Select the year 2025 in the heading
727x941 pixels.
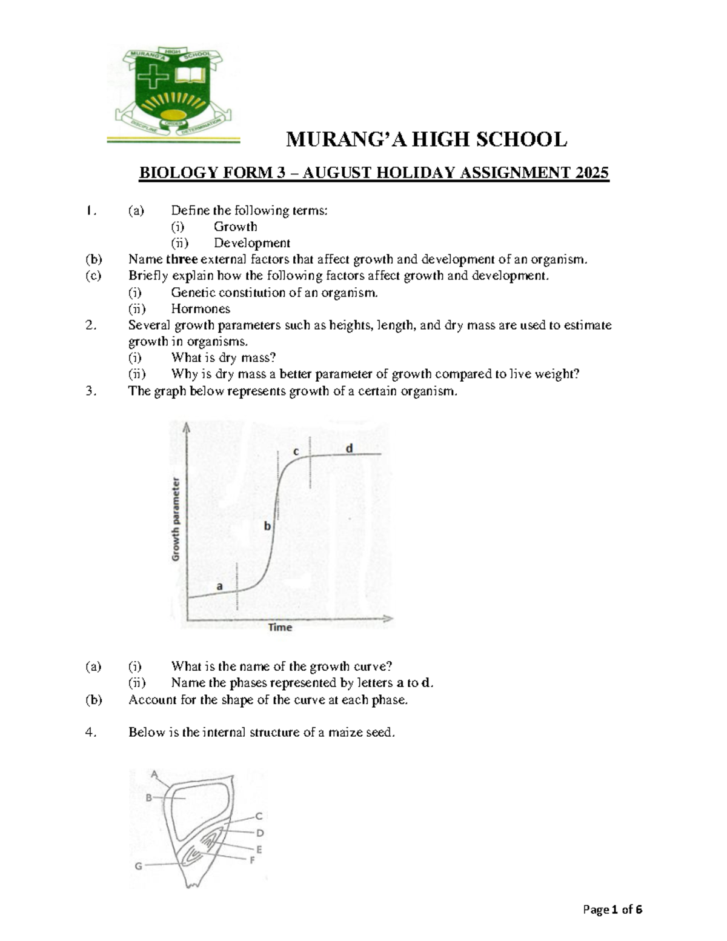click(x=592, y=173)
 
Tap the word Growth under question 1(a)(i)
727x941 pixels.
click(x=235, y=227)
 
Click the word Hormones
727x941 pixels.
click(x=201, y=308)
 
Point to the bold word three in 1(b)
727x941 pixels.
click(x=182, y=259)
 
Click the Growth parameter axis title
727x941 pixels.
click(x=176, y=519)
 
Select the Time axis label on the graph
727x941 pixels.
click(x=280, y=627)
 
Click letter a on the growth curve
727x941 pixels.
click(x=220, y=586)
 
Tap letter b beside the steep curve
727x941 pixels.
click(x=267, y=526)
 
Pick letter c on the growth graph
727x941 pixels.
click(x=296, y=451)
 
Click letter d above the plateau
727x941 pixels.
click(x=349, y=448)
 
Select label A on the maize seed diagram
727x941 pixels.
click(x=154, y=774)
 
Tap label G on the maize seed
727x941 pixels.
click(x=139, y=866)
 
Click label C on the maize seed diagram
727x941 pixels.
click(x=258, y=816)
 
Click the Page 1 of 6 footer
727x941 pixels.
click(x=612, y=909)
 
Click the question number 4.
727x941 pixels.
click(x=90, y=733)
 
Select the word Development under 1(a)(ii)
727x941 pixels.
click(x=251, y=243)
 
